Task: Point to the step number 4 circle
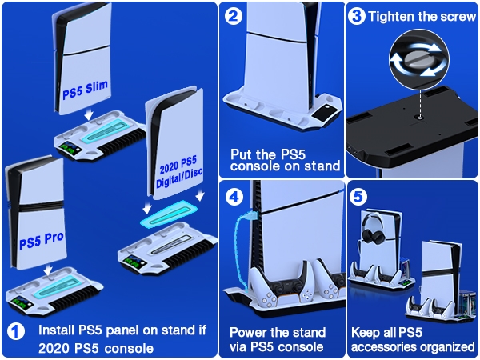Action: pyautogui.click(x=234, y=194)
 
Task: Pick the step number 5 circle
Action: pyautogui.click(x=361, y=194)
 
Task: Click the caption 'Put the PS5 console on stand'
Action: pyautogui.click(x=286, y=160)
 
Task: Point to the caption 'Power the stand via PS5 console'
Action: pyautogui.click(x=278, y=339)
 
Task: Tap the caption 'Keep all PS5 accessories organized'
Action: pyautogui.click(x=413, y=339)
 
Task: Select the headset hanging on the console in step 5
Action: pyautogui.click(x=375, y=227)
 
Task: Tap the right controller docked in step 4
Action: pyautogui.click(x=314, y=294)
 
